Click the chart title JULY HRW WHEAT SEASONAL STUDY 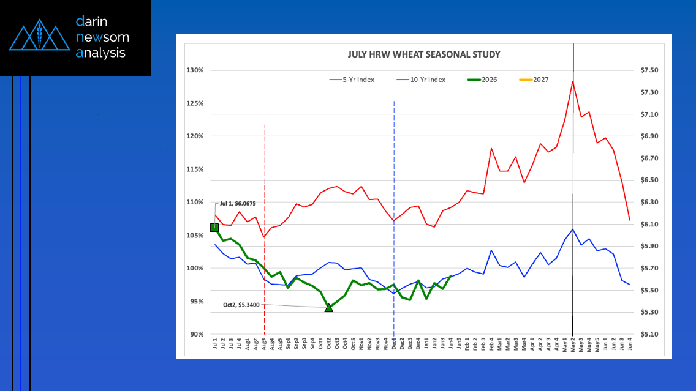(424, 54)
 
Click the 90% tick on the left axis (195, 334)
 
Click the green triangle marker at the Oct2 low (329, 307)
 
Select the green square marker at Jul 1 (214, 228)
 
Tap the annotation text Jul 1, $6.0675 (238, 204)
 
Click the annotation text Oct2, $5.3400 (241, 304)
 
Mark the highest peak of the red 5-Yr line (572, 81)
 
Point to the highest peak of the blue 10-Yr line (572, 229)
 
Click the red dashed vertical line (264, 153)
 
